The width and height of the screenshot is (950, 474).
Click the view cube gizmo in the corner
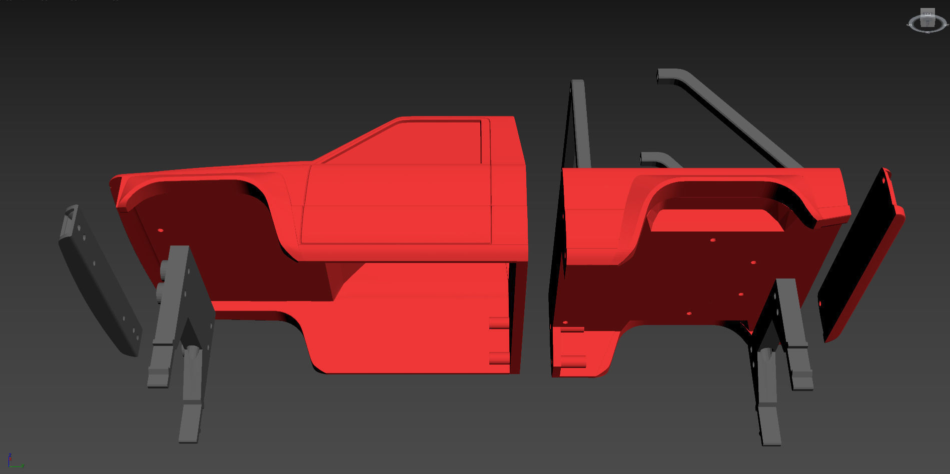pos(927,21)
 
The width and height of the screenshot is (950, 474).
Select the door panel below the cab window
pos(395,205)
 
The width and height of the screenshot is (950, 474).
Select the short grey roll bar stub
pos(660,159)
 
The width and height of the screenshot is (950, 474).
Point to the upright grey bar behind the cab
pos(580,125)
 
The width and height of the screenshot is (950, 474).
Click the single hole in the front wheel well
pos(161,230)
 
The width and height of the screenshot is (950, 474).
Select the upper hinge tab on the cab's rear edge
pos(499,323)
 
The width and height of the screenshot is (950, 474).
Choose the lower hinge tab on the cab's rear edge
pos(499,357)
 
